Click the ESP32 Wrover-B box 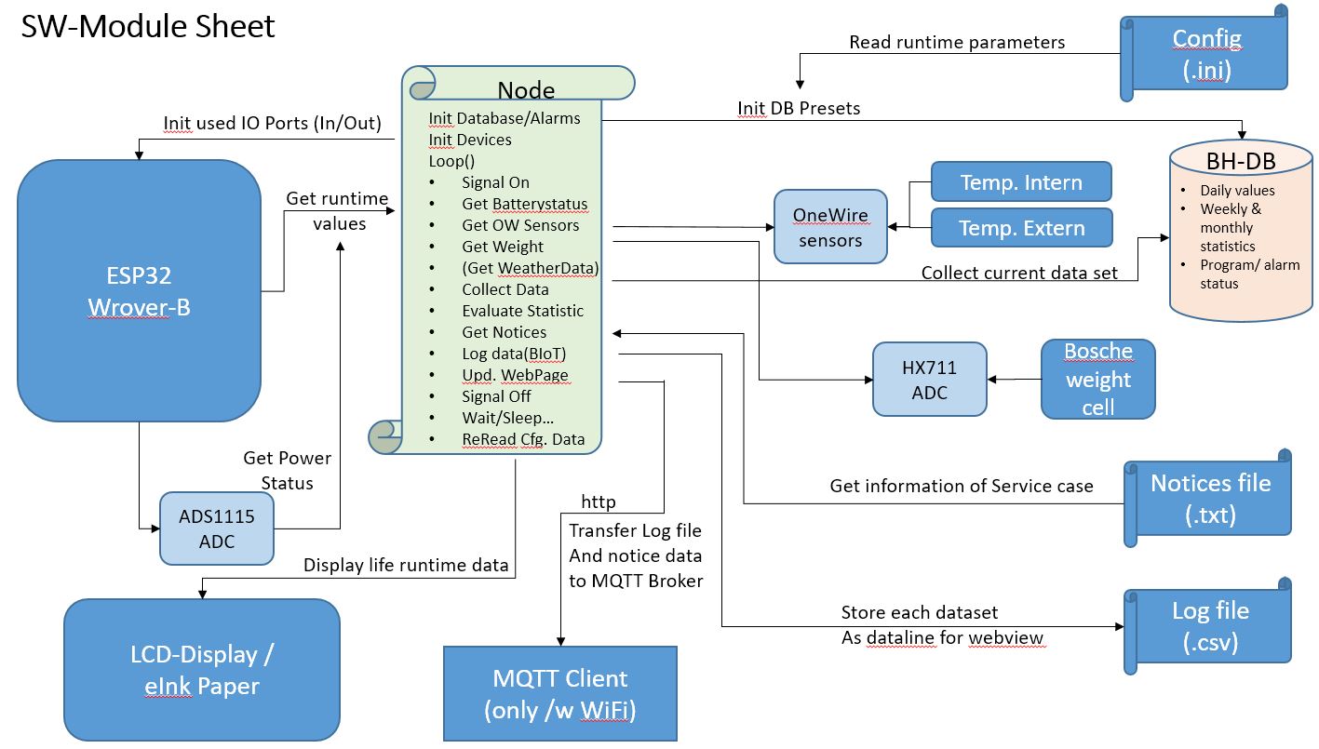(139, 291)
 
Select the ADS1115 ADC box (217, 528)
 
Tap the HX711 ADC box (929, 380)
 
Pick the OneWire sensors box (829, 227)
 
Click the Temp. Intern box (1021, 181)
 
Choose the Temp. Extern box (1021, 228)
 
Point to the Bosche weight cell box (1097, 379)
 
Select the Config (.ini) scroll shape (1205, 53)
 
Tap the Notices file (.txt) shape (1209, 498)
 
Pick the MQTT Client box (559, 693)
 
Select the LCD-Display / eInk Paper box (201, 670)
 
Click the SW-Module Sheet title (148, 26)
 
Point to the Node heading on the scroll (526, 89)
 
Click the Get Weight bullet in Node (503, 247)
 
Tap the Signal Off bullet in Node (496, 396)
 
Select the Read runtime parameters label (957, 43)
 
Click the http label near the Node (599, 502)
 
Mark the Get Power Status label (287, 470)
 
